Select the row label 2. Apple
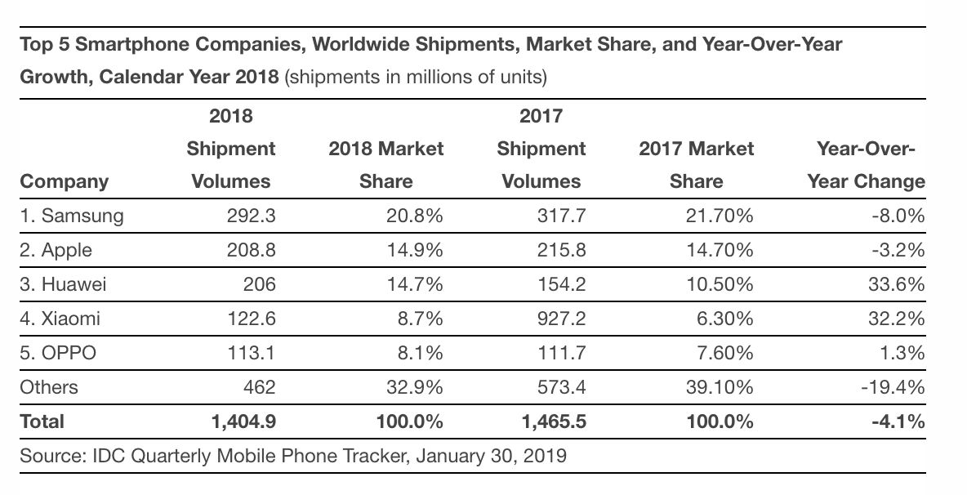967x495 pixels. pyautogui.click(x=56, y=250)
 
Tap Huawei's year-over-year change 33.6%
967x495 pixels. pyautogui.click(x=898, y=284)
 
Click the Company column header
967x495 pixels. pyautogui.click(x=64, y=181)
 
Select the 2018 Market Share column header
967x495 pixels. pyautogui.click(x=385, y=165)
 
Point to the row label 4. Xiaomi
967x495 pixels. pyautogui.click(x=60, y=319)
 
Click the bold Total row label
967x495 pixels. pyautogui.click(x=41, y=421)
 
